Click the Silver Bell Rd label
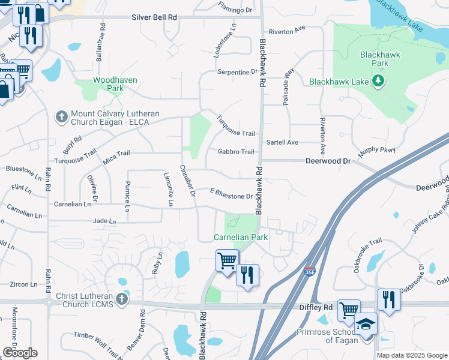click(154, 18)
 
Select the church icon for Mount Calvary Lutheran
click(61, 117)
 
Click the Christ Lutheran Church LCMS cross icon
click(122, 299)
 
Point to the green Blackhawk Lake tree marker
click(378, 81)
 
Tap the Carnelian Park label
click(241, 237)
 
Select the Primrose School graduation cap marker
click(366, 324)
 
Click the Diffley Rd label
click(316, 307)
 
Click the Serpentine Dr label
click(237, 72)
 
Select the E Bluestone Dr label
click(231, 196)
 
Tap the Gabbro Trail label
click(236, 152)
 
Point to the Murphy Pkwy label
click(378, 149)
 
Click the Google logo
click(20, 353)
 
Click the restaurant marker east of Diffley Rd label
click(389, 300)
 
